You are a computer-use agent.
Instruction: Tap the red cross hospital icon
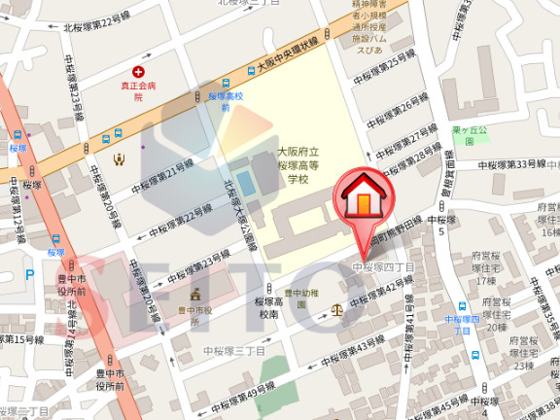click(138, 72)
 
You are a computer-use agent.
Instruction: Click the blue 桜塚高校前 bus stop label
click(225, 102)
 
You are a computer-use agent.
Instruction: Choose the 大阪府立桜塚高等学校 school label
click(293, 166)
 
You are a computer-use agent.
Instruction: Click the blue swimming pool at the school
click(247, 182)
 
